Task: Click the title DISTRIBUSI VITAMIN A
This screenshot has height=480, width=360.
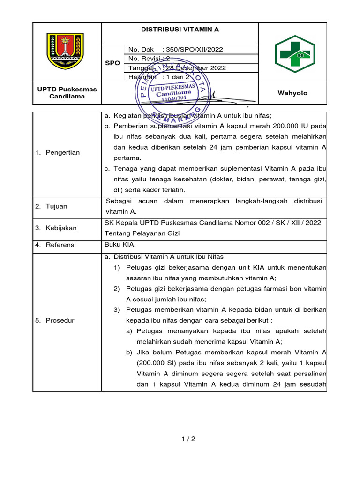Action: tap(180, 29)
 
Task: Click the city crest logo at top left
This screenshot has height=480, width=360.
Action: tap(65, 51)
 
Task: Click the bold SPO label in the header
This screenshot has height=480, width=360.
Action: tap(112, 63)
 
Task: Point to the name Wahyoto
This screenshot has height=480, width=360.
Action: tap(292, 93)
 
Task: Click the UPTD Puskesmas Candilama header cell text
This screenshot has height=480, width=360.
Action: tap(67, 93)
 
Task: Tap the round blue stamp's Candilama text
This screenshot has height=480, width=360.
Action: tap(173, 93)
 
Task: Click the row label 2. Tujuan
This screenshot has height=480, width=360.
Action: tap(52, 206)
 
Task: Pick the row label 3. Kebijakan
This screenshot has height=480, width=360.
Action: tap(56, 228)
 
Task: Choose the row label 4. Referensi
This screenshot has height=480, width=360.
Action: tap(56, 245)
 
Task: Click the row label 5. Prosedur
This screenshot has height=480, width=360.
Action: tap(55, 320)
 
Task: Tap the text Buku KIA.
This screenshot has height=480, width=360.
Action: tap(120, 244)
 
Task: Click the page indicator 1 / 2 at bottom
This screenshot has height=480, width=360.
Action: tap(188, 439)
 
